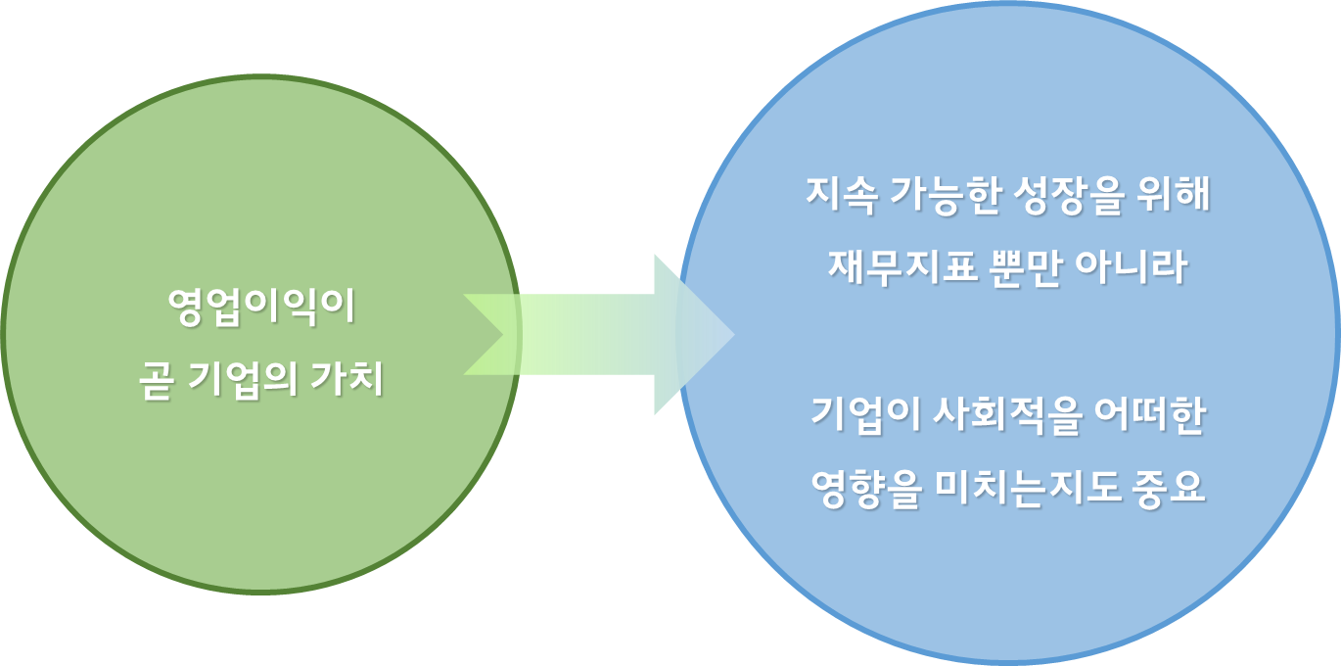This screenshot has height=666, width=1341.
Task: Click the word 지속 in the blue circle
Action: tap(839, 195)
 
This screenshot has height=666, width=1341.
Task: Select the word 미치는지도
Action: tap(1030, 487)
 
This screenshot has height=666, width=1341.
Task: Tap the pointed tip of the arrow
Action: tap(732, 335)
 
